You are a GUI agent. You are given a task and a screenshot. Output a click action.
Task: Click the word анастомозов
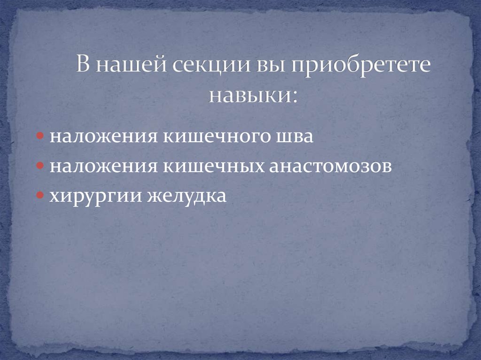coord(330,167)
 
